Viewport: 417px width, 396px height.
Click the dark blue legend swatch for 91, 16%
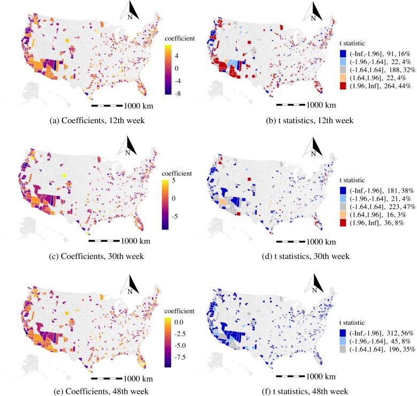(343, 53)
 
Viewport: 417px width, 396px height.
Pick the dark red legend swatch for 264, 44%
(343, 85)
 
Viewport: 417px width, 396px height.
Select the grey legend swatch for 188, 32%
(343, 69)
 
